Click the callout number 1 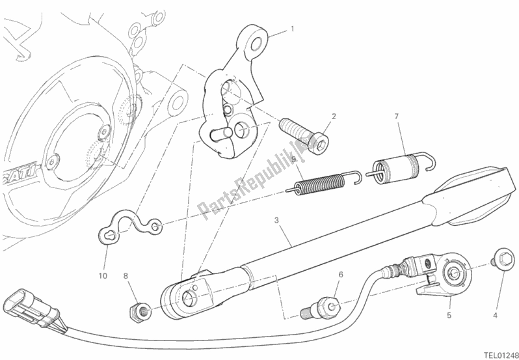293,29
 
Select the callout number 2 334,117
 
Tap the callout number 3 277,221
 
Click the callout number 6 339,276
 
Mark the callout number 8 126,276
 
